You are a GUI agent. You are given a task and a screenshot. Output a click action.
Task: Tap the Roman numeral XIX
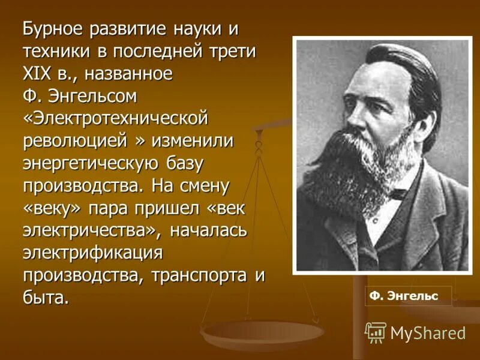(x=38, y=74)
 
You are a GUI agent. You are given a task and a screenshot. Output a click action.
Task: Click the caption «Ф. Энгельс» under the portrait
(x=404, y=296)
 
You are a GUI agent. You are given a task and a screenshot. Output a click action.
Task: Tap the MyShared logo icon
(x=376, y=332)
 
